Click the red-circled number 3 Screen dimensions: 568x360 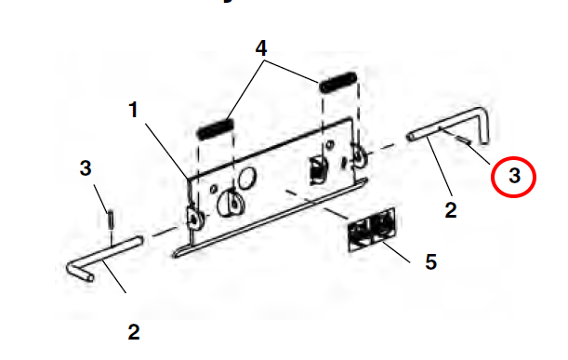(x=514, y=176)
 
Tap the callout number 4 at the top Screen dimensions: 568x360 (x=261, y=48)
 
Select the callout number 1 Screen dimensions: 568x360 (x=133, y=110)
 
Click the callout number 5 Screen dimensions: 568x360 (x=430, y=261)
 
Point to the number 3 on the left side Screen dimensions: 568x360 (x=86, y=168)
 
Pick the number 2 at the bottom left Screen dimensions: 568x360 (x=134, y=332)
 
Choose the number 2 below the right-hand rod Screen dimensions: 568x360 (x=451, y=210)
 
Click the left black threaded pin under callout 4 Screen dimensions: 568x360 (x=215, y=129)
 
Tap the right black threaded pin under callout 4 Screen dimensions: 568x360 (x=338, y=83)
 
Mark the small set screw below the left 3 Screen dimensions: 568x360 (x=111, y=220)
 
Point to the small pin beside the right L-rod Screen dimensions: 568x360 (x=465, y=140)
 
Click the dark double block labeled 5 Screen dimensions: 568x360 (x=371, y=230)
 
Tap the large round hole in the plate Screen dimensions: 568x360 (x=247, y=178)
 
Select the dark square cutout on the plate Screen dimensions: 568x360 (x=317, y=170)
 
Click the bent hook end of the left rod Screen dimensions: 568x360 (x=81, y=272)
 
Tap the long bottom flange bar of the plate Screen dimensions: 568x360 (x=271, y=218)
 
